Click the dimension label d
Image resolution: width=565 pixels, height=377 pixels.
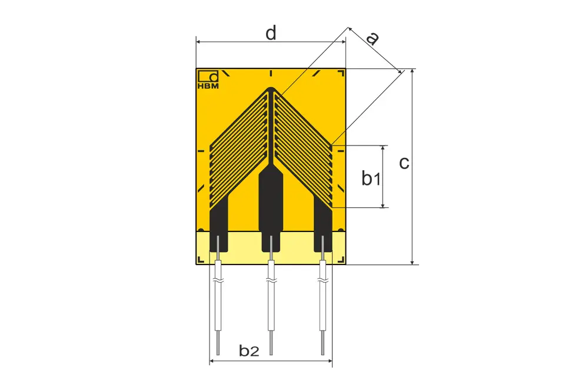point(271,33)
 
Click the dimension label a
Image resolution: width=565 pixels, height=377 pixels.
point(372,38)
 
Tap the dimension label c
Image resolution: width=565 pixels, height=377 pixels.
point(404,163)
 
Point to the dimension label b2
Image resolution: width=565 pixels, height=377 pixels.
point(249,350)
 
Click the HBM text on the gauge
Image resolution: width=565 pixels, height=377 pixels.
point(208,86)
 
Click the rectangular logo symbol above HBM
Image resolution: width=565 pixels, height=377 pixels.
point(208,76)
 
